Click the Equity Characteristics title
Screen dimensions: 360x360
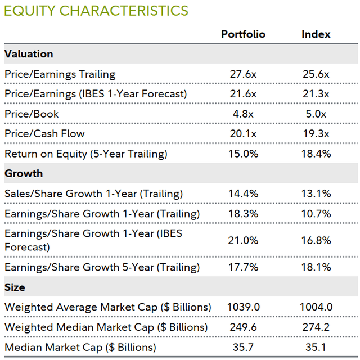click(x=96, y=11)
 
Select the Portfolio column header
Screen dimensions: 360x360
click(x=243, y=34)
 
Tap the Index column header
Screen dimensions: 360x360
click(x=316, y=34)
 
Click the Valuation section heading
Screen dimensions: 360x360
click(x=29, y=54)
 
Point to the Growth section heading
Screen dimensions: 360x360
click(x=24, y=173)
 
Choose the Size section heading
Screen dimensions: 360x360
click(x=15, y=287)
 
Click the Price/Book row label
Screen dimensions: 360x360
click(x=31, y=114)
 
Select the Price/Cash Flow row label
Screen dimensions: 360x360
click(x=44, y=133)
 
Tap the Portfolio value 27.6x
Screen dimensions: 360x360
click(x=243, y=74)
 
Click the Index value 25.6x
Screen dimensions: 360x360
click(x=316, y=74)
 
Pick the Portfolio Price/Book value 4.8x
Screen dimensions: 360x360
click(x=243, y=114)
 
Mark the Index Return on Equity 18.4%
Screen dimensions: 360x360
click(x=316, y=154)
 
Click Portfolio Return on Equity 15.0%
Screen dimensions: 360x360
click(x=243, y=154)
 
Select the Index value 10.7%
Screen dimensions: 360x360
click(x=316, y=214)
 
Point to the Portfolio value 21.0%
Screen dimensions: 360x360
click(x=243, y=240)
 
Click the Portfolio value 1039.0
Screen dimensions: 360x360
click(x=243, y=307)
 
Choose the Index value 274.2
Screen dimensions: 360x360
click(x=316, y=327)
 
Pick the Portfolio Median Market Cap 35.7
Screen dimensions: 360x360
click(x=243, y=347)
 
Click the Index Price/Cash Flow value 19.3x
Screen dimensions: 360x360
click(x=316, y=133)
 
